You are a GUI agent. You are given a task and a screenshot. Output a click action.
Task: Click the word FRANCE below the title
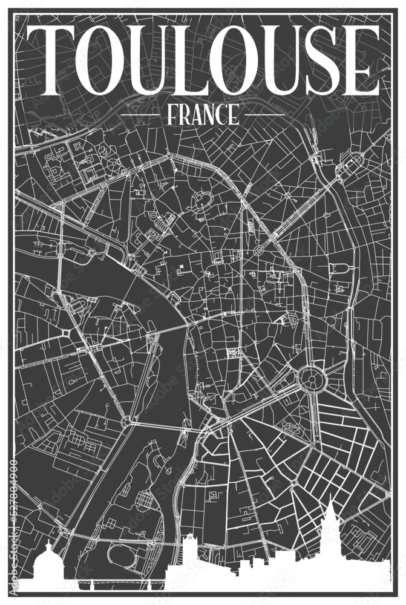point(203,114)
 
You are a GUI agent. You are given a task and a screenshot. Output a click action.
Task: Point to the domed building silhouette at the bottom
point(46,566)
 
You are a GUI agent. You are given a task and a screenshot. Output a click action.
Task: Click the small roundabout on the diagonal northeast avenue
point(259,249)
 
